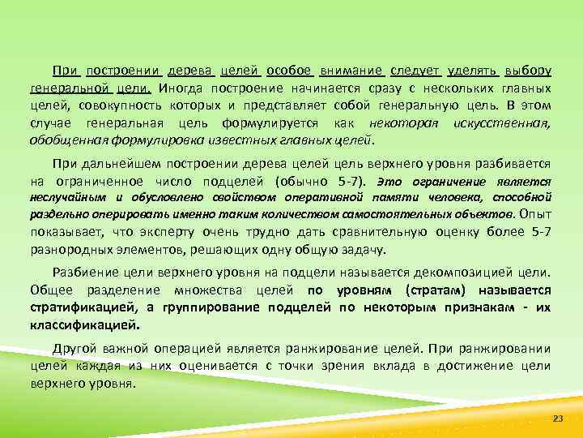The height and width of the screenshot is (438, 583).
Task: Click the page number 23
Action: pyautogui.click(x=556, y=417)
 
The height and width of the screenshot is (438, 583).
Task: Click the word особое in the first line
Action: pyautogui.click(x=289, y=71)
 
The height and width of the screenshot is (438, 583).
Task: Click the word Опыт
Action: pyautogui.click(x=535, y=214)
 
